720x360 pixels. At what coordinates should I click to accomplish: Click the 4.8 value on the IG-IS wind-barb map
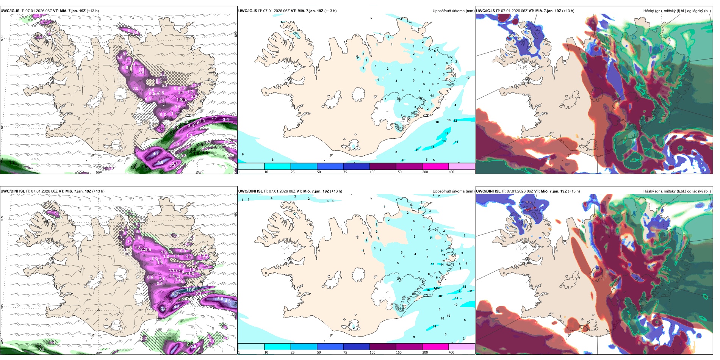(160, 162)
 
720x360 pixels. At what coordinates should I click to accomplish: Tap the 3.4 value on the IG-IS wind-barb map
(226, 120)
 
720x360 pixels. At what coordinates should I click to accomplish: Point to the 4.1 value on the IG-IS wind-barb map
(156, 154)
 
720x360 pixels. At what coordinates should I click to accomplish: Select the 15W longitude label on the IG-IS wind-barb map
(198, 172)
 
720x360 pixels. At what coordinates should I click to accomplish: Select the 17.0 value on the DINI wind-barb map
(190, 290)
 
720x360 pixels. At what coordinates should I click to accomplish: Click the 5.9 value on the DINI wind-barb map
(193, 346)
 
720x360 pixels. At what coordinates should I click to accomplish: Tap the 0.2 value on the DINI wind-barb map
(41, 349)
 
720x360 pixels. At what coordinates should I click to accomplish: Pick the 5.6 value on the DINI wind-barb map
(220, 299)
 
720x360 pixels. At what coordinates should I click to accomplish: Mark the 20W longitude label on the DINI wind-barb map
(99, 353)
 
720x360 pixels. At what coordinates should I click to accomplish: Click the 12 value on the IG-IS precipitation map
(455, 121)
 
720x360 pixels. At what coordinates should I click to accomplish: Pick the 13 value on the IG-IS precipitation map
(444, 141)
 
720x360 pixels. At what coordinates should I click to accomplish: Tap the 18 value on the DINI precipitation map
(428, 290)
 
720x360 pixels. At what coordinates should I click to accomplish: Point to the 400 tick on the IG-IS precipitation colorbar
(451, 172)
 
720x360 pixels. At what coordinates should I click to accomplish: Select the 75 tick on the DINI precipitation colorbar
(345, 352)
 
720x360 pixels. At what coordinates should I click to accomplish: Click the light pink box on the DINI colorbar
(462, 346)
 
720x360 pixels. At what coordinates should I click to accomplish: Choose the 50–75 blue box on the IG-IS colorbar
(330, 166)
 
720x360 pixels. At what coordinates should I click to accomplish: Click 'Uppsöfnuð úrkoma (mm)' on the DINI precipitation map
(453, 191)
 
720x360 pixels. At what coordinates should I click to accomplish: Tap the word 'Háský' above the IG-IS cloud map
(649, 11)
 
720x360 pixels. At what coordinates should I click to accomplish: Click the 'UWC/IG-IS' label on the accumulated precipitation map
(248, 11)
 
